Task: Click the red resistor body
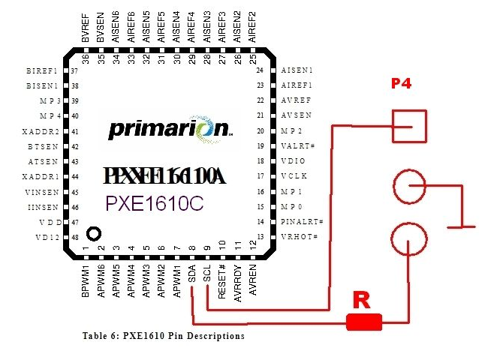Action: [x=365, y=323]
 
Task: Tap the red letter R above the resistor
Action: [x=362, y=301]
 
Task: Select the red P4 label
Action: [x=402, y=84]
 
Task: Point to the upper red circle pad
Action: [x=409, y=187]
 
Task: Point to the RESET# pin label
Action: [x=222, y=280]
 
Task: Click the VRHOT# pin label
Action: [x=299, y=237]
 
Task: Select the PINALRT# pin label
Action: [x=301, y=222]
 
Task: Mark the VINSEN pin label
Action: [x=43, y=192]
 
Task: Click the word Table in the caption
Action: [x=95, y=336]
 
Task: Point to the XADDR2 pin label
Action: [x=43, y=130]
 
